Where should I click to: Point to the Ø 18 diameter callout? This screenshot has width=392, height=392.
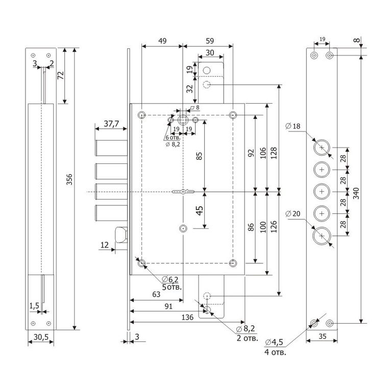coord(295,126)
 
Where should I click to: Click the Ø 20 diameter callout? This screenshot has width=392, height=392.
coord(295,213)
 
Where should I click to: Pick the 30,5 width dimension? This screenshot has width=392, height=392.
coord(41,336)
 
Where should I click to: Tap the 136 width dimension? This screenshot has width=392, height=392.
coord(187,317)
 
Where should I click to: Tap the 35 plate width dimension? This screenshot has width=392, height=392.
coord(322,336)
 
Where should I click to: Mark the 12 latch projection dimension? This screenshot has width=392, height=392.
coord(105,246)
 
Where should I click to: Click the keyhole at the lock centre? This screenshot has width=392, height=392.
coord(184,192)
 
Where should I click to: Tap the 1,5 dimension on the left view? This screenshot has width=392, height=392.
coord(34,305)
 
